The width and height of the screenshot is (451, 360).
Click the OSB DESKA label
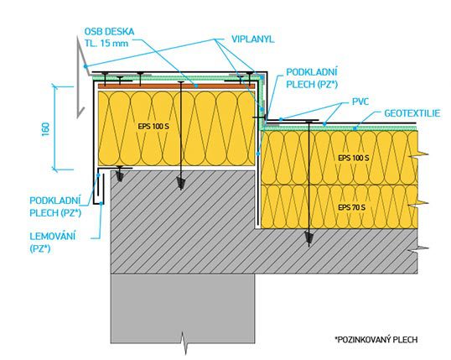pos(109,31)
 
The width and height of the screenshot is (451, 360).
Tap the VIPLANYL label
pos(253,39)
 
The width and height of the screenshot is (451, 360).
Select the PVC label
pos(360,102)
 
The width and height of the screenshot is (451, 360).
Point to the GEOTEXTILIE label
pos(412,113)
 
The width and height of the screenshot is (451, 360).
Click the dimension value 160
pos(46,128)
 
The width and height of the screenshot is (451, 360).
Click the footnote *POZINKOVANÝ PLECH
pos(376,340)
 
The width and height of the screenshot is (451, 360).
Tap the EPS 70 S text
pos(352,207)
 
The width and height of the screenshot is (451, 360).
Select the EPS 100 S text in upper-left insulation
pos(153,127)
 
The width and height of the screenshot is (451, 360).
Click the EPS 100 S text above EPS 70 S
pos(354,158)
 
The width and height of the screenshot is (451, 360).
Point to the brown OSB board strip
pos(177,86)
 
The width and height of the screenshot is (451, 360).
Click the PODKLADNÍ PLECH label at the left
pos(55,206)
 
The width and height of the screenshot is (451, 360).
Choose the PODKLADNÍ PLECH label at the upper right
pos(312,78)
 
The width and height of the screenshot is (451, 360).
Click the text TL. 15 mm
pos(106,43)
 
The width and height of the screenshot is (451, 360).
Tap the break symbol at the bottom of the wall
pos(184,342)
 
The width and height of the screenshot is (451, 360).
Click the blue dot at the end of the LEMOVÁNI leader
pos(101,203)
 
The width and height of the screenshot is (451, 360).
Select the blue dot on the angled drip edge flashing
pos(86,66)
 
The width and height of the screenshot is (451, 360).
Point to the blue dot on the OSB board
pos(196,86)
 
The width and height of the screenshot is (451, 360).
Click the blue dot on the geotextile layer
pos(355,128)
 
